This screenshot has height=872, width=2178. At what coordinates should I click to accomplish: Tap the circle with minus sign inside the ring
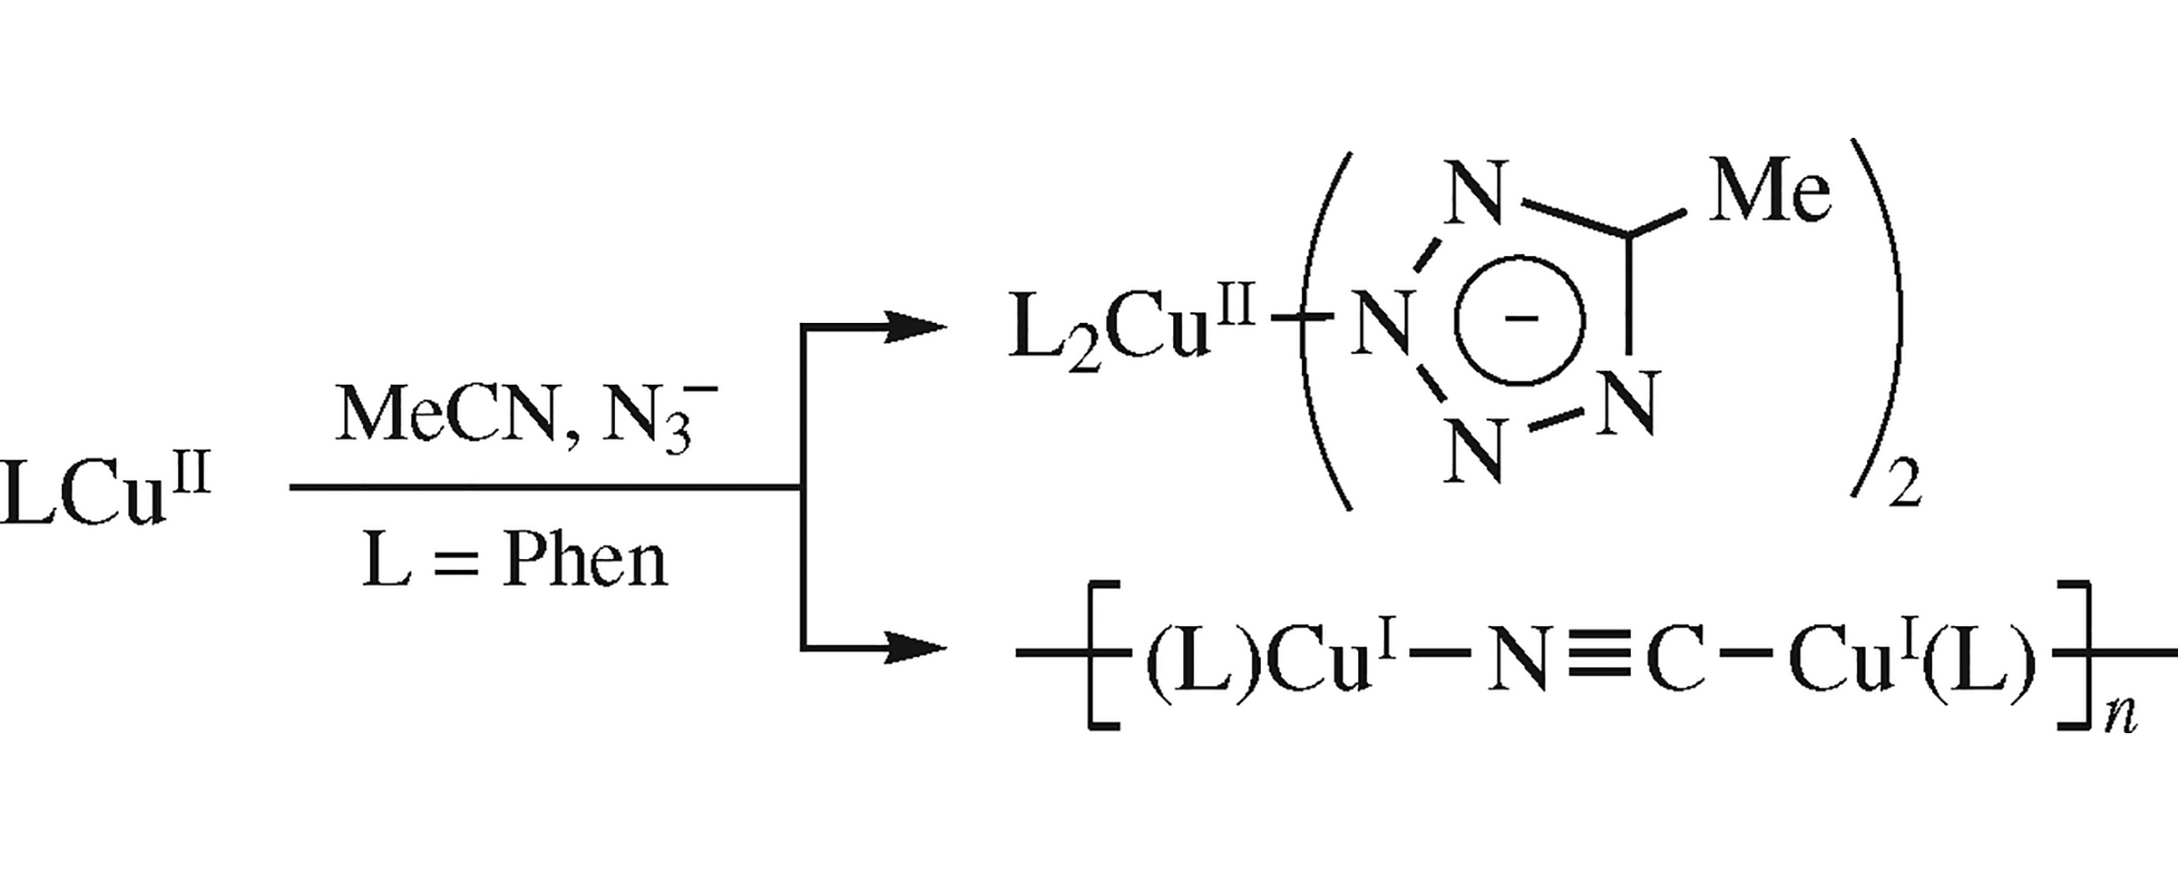[x=1521, y=320]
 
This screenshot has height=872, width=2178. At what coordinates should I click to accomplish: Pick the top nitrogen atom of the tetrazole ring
[x=1474, y=194]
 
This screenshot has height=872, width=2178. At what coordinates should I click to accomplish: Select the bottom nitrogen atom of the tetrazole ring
[x=1474, y=451]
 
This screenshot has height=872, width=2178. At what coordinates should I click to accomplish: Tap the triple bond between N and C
[x=1594, y=653]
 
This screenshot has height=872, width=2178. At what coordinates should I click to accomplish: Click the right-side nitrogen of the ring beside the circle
[x=1629, y=402]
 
